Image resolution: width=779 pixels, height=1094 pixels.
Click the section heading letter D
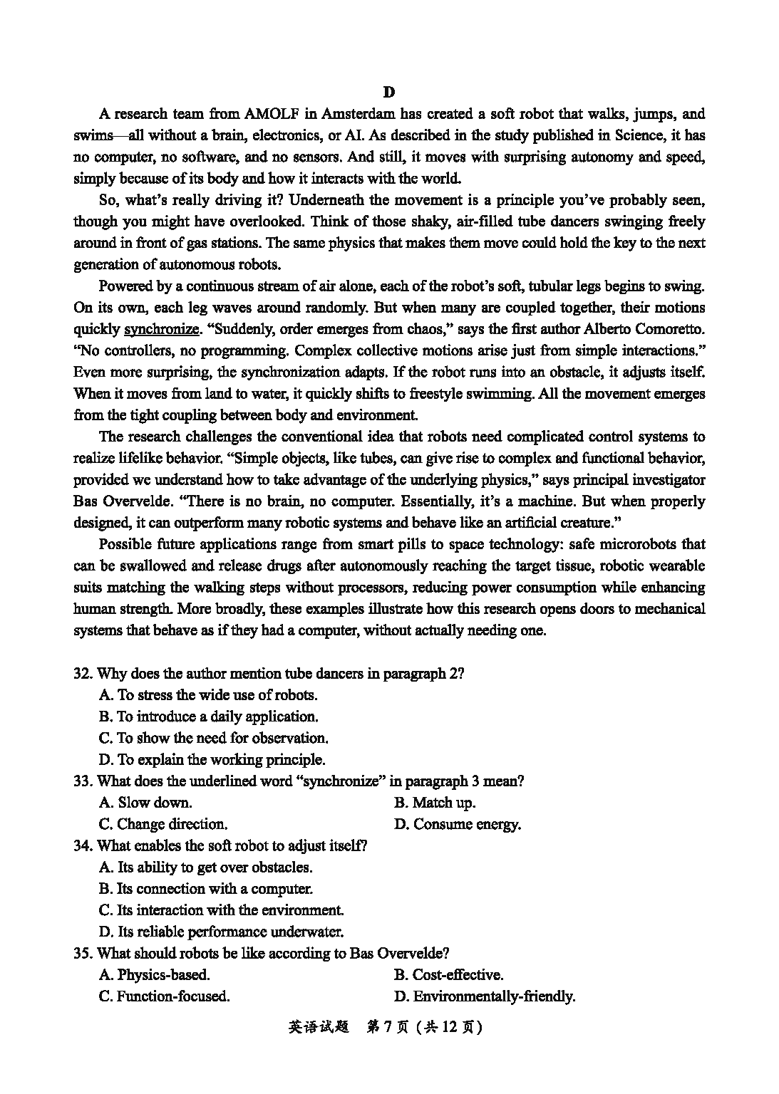[x=388, y=92]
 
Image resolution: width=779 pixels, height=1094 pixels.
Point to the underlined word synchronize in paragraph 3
[x=162, y=329]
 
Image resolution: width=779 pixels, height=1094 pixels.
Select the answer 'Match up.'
[x=435, y=803]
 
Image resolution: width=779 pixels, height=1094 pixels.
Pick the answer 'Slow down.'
[x=146, y=803]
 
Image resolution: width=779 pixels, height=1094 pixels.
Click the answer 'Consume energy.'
[x=458, y=825]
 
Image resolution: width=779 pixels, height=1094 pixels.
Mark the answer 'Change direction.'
[x=163, y=825]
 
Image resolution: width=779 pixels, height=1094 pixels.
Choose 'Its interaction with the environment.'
[x=221, y=910]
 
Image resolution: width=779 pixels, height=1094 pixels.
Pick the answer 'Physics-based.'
[x=155, y=975]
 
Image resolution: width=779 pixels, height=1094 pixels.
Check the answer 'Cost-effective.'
[x=448, y=975]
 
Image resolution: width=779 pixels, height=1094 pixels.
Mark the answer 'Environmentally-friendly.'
[x=485, y=996]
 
